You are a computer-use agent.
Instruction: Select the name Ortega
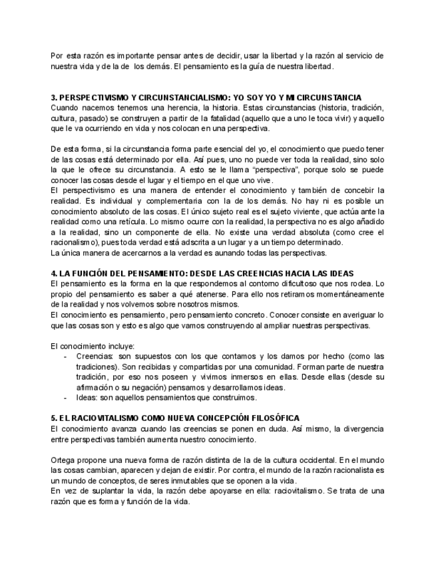[x=63, y=460]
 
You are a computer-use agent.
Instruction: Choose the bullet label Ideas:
[x=87, y=398]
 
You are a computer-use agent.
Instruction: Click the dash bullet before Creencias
[x=65, y=356]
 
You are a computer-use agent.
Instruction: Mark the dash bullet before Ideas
[x=65, y=398]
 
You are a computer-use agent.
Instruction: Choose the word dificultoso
[x=289, y=283]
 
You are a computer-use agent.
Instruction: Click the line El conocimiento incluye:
[x=93, y=346]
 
